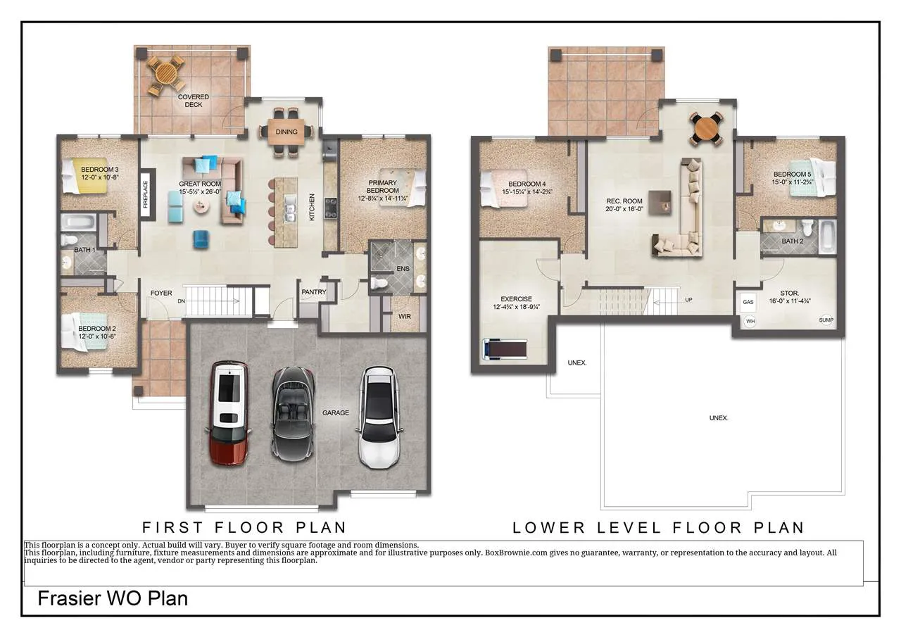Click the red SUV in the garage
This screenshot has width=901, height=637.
coord(229,413)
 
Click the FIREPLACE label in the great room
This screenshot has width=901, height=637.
coord(146,195)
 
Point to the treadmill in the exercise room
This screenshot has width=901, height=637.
coord(505,348)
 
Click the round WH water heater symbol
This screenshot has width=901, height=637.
coord(750,321)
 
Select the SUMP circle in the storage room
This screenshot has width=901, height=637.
coord(826,320)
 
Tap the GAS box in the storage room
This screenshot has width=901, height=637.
coord(748,303)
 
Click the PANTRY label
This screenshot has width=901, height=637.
coord(314,292)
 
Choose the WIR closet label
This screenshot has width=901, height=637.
coord(404,317)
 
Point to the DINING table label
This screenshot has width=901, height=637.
coord(286,132)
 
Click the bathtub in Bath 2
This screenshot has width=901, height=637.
coord(827,236)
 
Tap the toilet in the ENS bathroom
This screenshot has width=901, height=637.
coord(379,283)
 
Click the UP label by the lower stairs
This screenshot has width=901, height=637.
coord(688,300)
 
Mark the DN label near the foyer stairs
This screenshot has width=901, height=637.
coord(182,301)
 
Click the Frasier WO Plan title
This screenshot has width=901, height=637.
coord(113,598)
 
